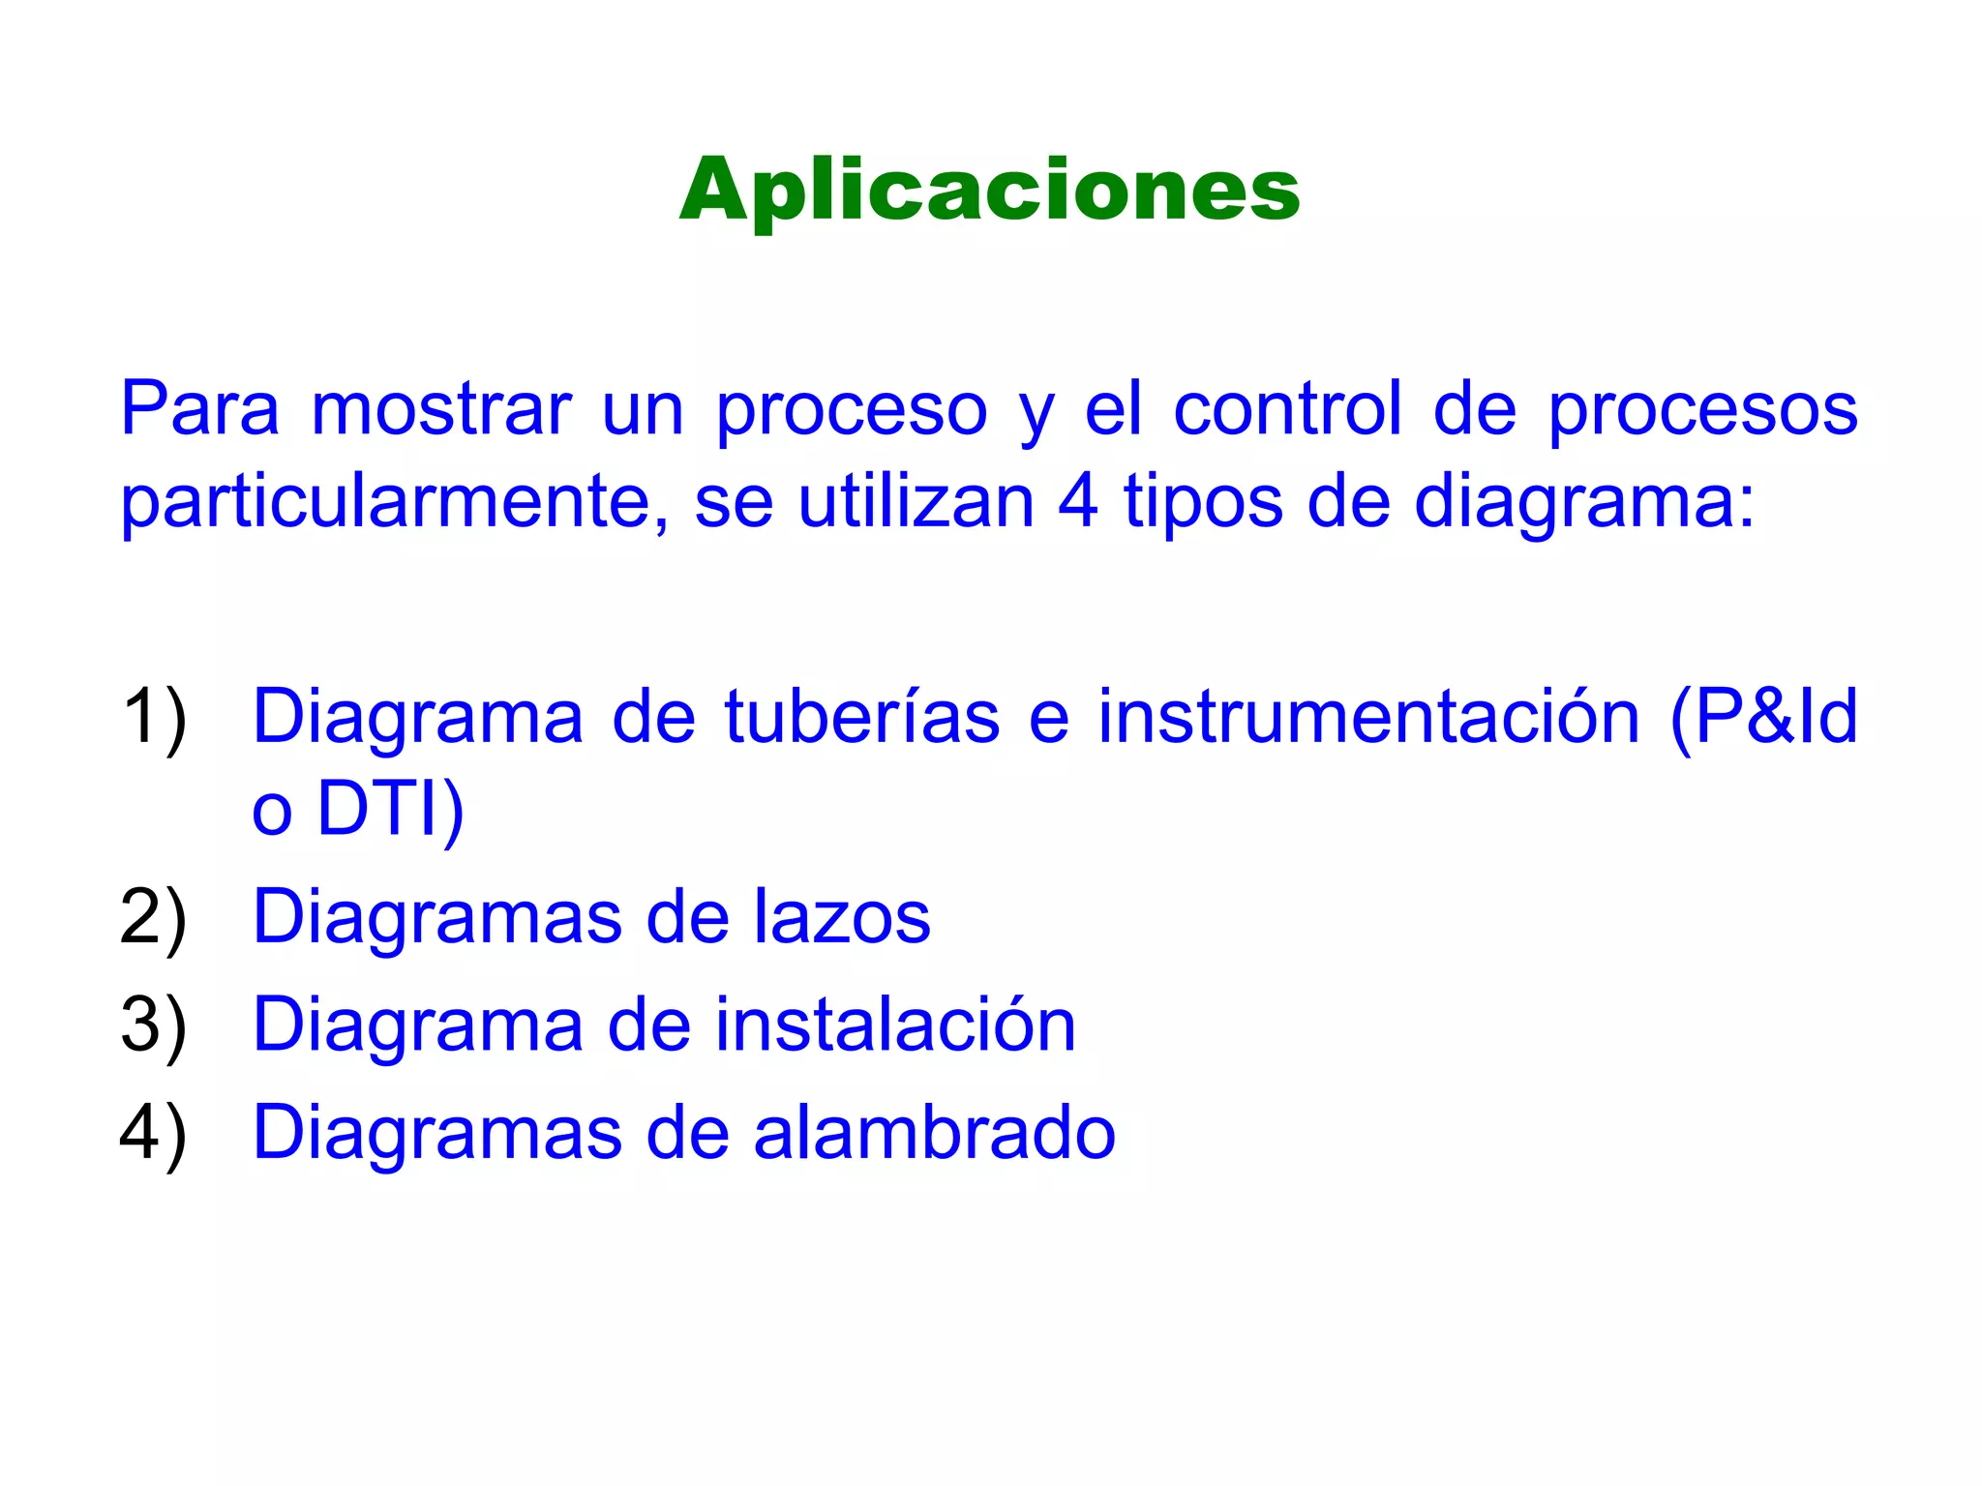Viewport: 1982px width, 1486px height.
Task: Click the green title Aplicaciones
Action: pyautogui.click(x=989, y=190)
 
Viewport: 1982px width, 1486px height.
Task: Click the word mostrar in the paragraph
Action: pyautogui.click(x=441, y=410)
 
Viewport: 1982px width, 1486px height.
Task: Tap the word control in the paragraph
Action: pyautogui.click(x=1287, y=410)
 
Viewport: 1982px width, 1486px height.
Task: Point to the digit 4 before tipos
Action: pyautogui.click(x=1078, y=503)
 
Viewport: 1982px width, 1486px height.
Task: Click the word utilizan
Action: pyautogui.click(x=916, y=503)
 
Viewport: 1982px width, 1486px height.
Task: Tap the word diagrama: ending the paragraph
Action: pyautogui.click(x=1584, y=503)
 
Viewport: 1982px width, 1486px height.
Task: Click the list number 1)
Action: pyautogui.click(x=154, y=718)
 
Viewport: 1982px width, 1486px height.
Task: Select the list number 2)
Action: pyautogui.click(x=154, y=917)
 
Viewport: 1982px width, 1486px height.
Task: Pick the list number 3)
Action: pyautogui.click(x=154, y=1025)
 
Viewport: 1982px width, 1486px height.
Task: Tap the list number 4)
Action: pyautogui.click(x=154, y=1133)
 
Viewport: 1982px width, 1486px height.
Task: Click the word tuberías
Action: pyautogui.click(x=861, y=718)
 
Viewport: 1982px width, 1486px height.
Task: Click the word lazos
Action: pyautogui.click(x=842, y=917)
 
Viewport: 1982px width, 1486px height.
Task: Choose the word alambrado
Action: pyautogui.click(x=934, y=1133)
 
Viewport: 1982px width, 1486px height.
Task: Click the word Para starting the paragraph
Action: pyautogui.click(x=199, y=410)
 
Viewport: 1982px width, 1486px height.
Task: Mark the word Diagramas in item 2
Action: pyautogui.click(x=437, y=917)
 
